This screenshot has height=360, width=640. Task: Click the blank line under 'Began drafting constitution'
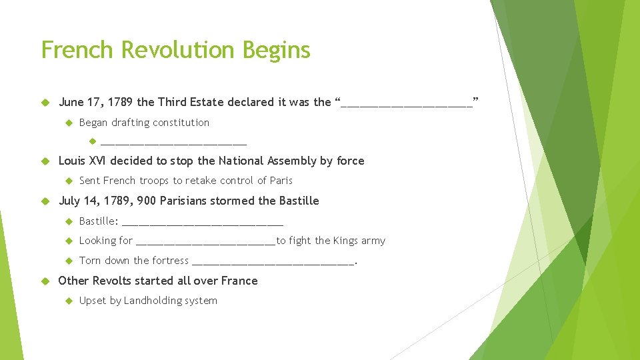point(173,142)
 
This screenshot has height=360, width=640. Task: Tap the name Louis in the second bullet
point(72,161)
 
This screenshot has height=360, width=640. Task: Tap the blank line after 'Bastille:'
point(203,222)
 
